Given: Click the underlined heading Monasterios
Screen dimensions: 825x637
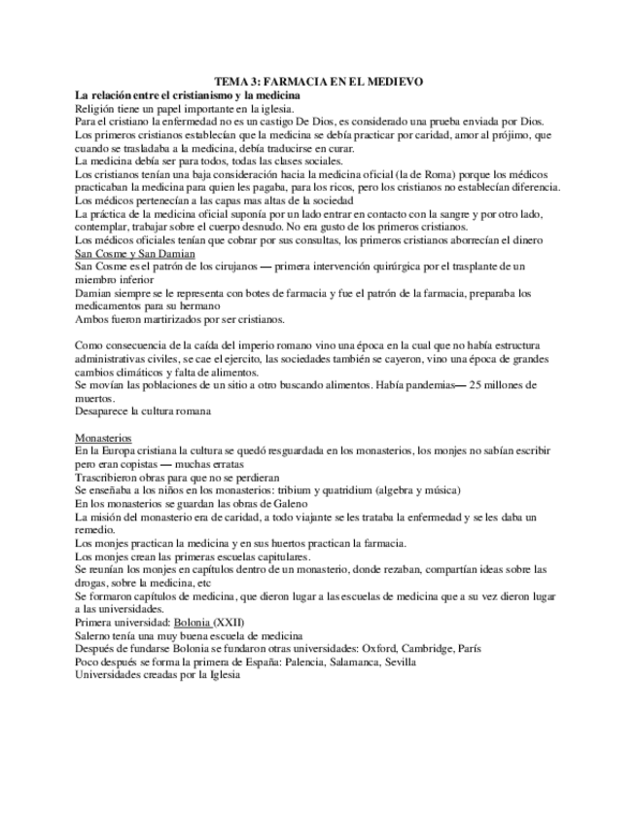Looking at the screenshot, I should [x=104, y=438].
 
